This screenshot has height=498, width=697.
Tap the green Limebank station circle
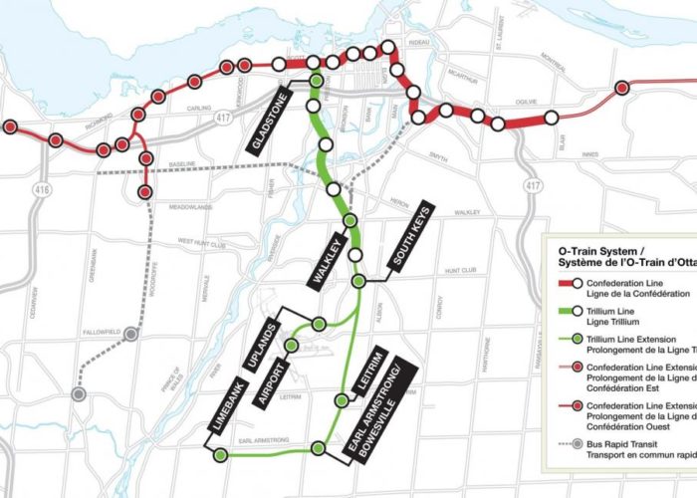(x=220, y=455)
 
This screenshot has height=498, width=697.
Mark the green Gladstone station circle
(x=316, y=81)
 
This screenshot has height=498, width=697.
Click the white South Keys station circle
(x=359, y=283)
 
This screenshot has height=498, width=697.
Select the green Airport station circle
(x=291, y=346)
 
